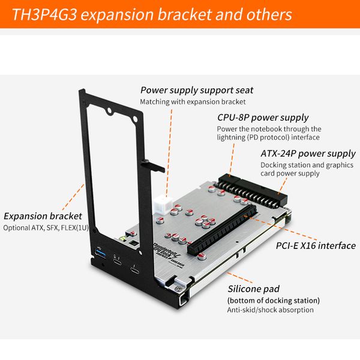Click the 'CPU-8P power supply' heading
point(262,118)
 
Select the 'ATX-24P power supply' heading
point(308,154)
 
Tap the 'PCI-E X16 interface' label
point(315,245)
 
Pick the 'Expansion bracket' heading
point(41,216)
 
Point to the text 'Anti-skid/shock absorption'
point(270,310)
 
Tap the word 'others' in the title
point(269,14)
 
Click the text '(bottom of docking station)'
point(273,300)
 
